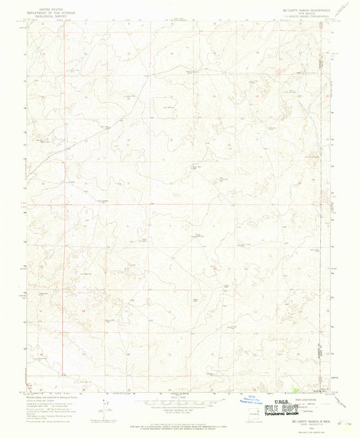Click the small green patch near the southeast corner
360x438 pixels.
297,389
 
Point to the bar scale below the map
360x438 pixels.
179,402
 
